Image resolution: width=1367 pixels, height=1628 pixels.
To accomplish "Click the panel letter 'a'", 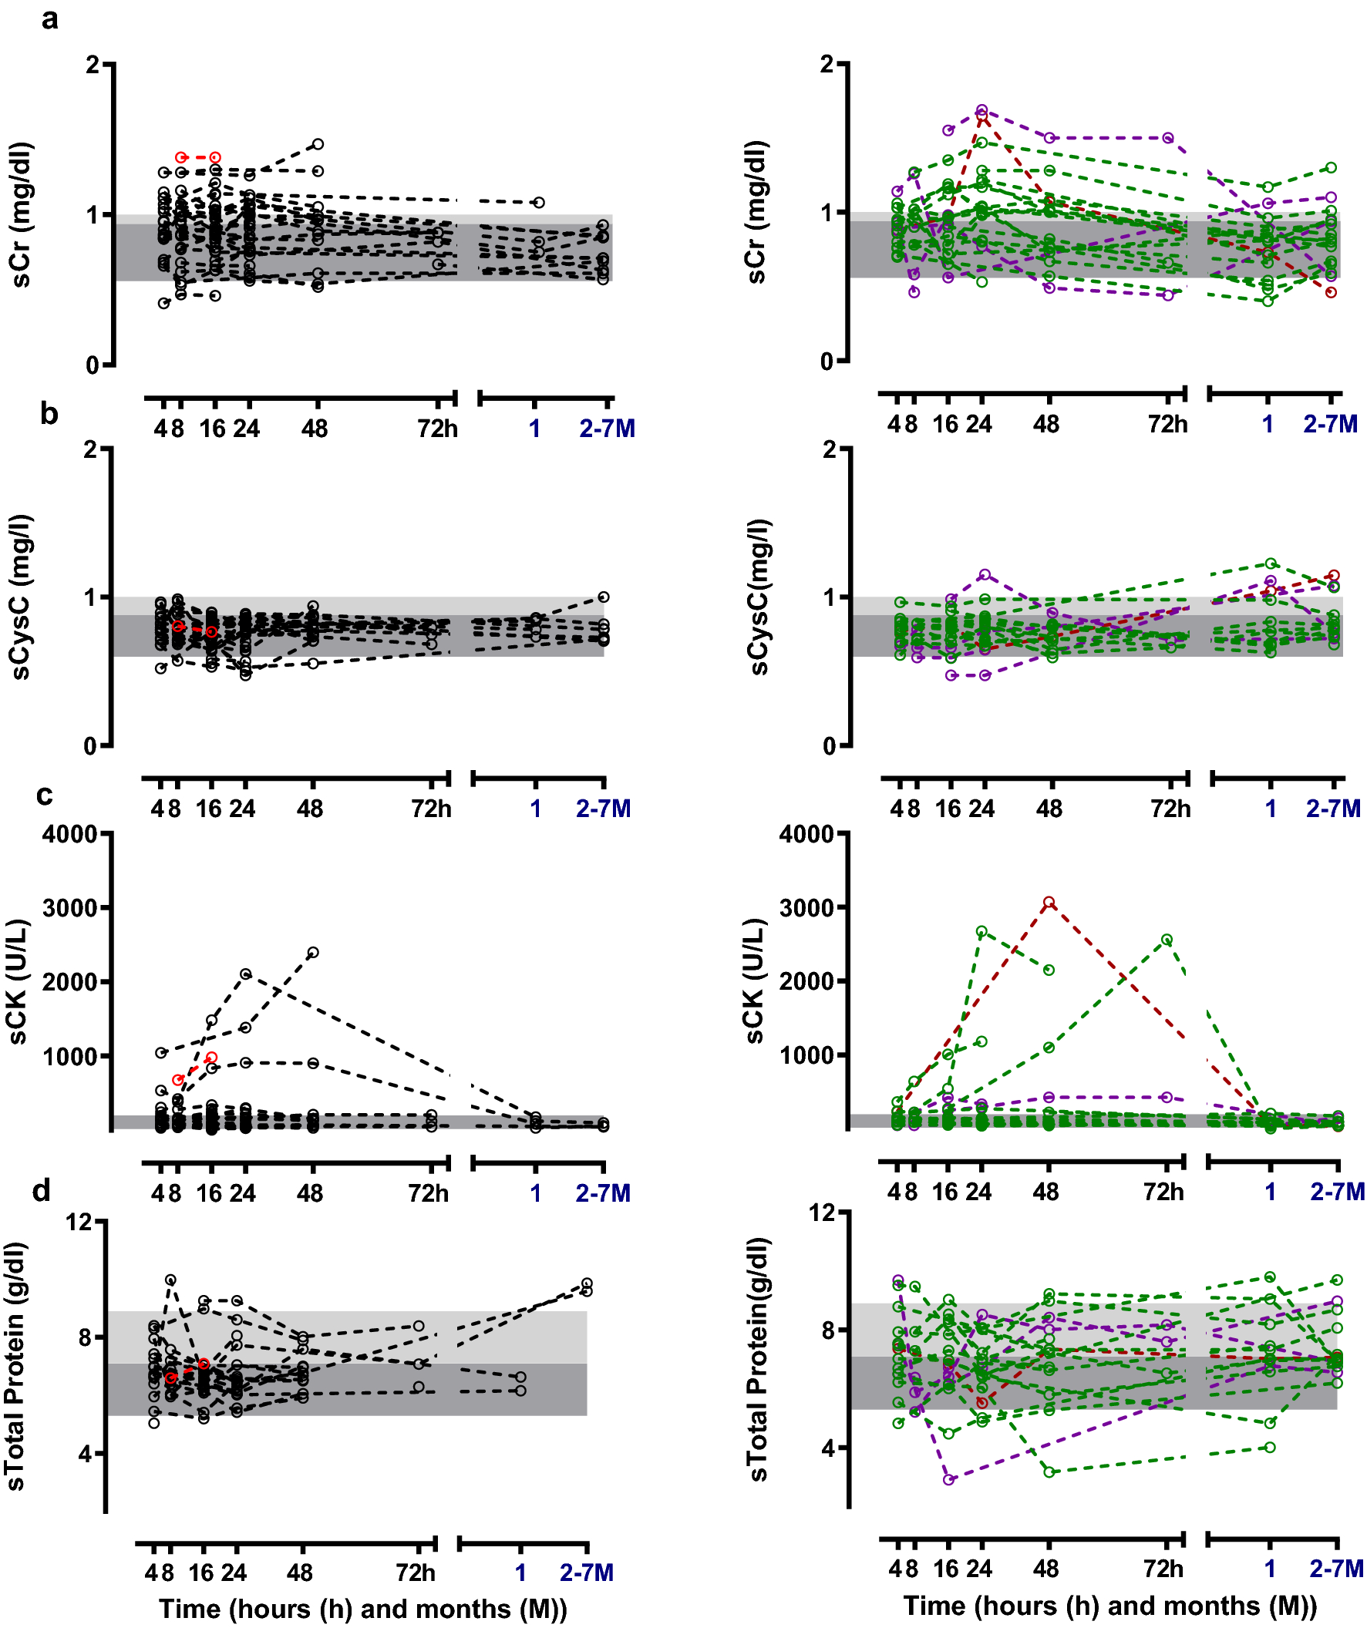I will coord(49,18).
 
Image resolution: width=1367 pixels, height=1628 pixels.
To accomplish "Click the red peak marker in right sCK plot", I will coord(1049,903).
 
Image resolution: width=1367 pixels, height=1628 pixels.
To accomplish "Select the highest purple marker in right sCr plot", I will coord(981,110).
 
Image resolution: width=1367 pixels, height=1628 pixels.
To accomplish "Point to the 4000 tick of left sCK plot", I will coord(69,835).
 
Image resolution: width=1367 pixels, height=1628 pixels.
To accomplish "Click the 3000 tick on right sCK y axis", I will coord(806,908).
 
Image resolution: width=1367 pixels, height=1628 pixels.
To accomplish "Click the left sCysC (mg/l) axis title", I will coord(21,597).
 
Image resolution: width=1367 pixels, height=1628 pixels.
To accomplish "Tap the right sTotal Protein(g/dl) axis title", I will coord(759,1361).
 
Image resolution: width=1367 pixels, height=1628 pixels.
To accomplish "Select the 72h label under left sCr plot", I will coord(437,429).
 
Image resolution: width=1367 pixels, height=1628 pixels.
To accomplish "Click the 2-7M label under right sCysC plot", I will coord(1333,809).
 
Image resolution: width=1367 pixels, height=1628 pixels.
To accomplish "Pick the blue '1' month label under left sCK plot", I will coord(535,1193).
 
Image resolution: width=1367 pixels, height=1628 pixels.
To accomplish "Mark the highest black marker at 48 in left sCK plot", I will coord(313,953).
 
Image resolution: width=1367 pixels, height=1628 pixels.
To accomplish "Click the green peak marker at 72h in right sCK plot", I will coord(1167,940).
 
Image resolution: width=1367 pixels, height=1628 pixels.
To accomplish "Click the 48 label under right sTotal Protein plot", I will coord(1046,1569).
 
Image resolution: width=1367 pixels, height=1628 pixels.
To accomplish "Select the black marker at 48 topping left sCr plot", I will coord(318,144).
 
